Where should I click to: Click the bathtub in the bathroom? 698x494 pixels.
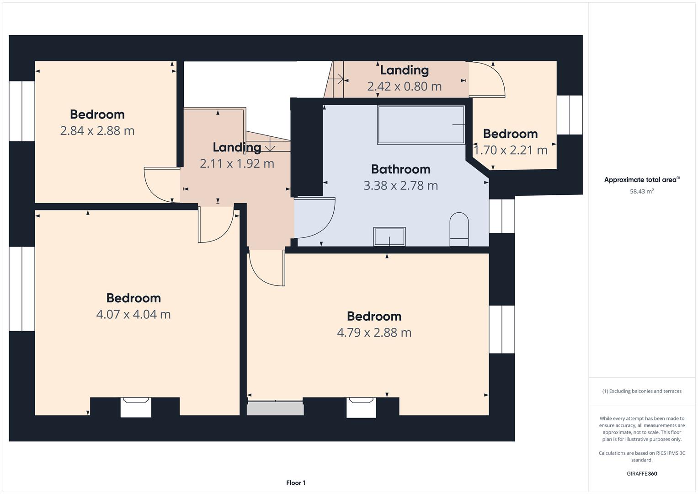421,125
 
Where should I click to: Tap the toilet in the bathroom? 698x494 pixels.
459,229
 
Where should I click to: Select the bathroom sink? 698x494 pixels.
389,236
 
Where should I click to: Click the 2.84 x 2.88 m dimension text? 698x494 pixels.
97,131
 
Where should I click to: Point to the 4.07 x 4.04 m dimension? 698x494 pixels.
133,314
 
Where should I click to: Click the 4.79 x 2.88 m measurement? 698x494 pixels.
374,333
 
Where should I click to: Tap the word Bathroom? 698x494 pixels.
401,169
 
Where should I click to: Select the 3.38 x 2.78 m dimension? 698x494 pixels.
401,186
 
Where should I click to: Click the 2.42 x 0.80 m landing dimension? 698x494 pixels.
405,86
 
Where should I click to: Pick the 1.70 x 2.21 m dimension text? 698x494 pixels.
511,150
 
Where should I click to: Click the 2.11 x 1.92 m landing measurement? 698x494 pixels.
237,164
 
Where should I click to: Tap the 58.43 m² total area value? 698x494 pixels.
642,191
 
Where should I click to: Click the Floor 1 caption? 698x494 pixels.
296,483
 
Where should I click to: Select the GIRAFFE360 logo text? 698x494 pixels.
642,473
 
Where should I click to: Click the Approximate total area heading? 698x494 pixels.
642,179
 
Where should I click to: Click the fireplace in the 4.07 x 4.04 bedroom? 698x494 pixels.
136,407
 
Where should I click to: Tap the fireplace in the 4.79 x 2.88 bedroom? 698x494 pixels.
361,407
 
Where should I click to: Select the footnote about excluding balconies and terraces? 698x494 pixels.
642,391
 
